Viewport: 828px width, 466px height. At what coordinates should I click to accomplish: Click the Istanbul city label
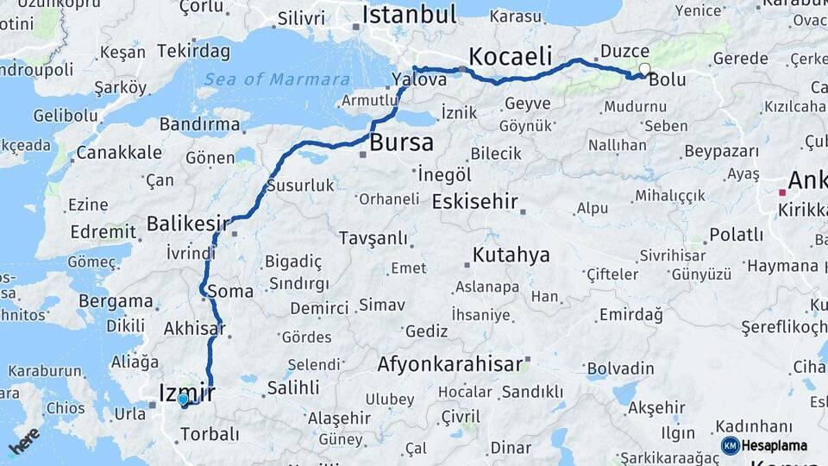[x=409, y=15]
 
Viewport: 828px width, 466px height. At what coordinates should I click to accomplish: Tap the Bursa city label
[x=401, y=142]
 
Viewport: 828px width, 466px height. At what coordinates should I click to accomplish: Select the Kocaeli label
[x=511, y=57]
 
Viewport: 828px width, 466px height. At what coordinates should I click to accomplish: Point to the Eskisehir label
[x=474, y=203]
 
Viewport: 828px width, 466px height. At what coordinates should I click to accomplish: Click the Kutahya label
[x=511, y=255]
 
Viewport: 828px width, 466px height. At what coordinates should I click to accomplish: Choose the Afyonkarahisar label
[x=449, y=363]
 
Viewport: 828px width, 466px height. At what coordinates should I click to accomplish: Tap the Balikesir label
[x=187, y=224]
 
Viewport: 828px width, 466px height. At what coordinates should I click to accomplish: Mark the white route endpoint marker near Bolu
[x=644, y=69]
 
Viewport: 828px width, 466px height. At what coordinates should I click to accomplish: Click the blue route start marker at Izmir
[x=183, y=400]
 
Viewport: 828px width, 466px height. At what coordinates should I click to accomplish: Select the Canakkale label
[x=118, y=153]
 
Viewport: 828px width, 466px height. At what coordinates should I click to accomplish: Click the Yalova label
[x=418, y=79]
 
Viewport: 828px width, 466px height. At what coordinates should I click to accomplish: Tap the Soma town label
[x=230, y=291]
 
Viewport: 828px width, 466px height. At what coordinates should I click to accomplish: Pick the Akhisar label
[x=194, y=328]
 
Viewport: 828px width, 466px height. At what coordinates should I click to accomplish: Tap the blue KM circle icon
[x=730, y=445]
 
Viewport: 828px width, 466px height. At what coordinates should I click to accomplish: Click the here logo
[x=24, y=441]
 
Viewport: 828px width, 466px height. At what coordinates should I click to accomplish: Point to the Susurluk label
[x=300, y=185]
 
